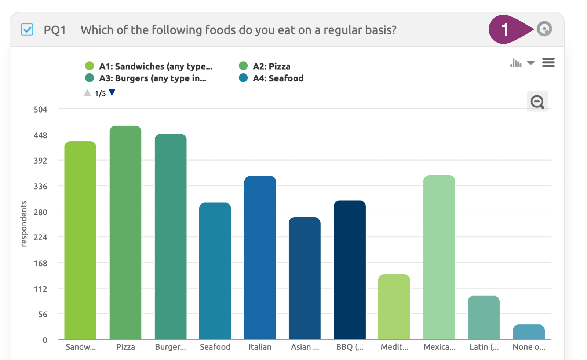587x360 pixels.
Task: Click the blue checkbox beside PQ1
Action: [27, 29]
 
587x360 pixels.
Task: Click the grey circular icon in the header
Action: [544, 29]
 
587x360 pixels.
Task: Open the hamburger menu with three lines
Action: [548, 63]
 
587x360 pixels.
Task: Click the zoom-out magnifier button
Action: [537, 102]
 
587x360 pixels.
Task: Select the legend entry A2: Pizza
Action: [271, 66]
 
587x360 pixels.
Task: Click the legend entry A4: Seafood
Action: [278, 78]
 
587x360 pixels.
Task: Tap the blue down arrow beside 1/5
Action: [112, 92]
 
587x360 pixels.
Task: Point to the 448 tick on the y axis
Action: [40, 136]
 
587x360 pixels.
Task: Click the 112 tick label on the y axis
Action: [40, 289]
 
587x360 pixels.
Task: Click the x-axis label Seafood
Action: [215, 347]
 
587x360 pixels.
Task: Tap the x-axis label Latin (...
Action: [484, 347]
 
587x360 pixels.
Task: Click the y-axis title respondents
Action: [24, 224]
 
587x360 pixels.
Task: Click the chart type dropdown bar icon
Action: [516, 63]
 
